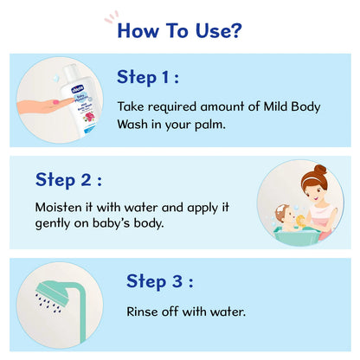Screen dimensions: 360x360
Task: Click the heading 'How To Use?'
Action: [x=179, y=31]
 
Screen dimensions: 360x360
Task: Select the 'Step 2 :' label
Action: [x=68, y=180]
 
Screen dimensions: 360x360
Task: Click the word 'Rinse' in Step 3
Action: [x=144, y=311]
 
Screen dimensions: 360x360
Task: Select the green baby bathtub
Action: [x=291, y=228]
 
